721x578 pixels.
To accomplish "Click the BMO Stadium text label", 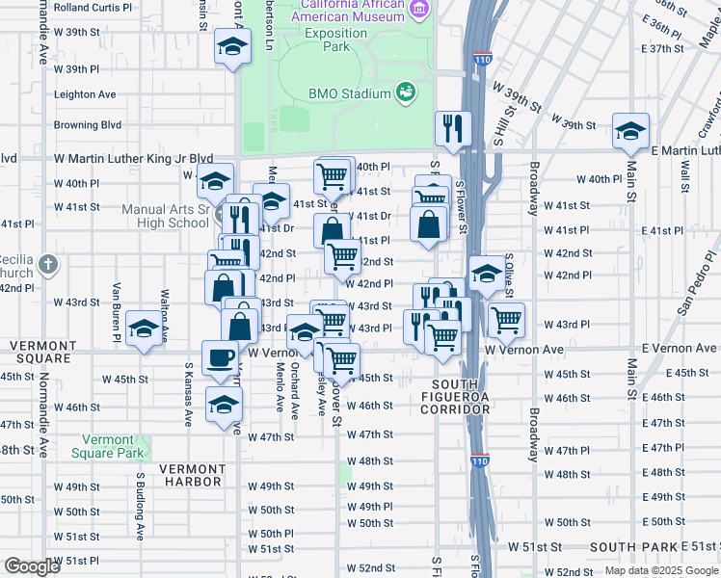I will [349, 93].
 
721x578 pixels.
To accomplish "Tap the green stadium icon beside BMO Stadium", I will [406, 92].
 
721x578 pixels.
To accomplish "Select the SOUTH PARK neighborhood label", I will [634, 546].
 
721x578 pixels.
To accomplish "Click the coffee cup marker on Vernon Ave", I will [220, 357].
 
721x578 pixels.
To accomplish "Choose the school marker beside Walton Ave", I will [144, 329].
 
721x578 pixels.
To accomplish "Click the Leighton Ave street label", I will [85, 94].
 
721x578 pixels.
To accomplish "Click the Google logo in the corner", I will [32, 565].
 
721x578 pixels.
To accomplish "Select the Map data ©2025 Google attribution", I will [660, 570].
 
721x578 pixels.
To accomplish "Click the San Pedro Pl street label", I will [698, 289].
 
